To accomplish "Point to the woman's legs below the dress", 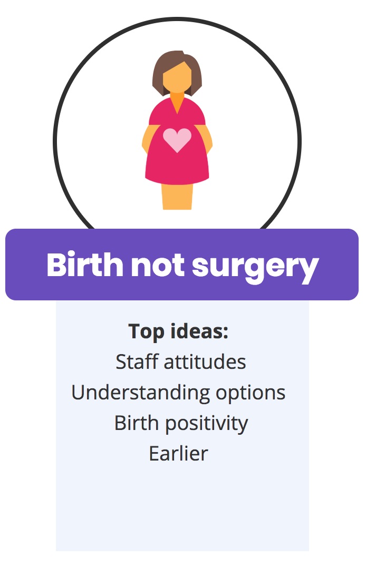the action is tap(177, 197).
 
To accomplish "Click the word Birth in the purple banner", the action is tap(85, 265).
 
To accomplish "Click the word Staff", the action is tap(137, 361).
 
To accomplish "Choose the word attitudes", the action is tap(205, 362).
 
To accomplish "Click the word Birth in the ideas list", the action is tap(137, 423).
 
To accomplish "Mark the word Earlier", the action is tap(178, 454).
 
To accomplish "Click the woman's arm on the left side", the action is tap(148, 139).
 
